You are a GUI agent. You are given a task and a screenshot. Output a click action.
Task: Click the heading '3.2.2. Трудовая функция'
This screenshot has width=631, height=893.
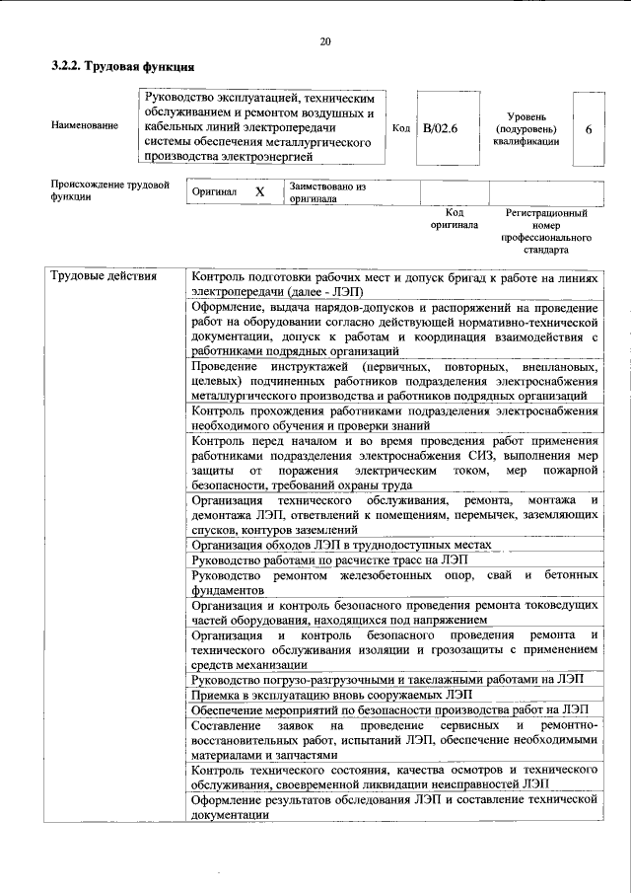[x=121, y=67]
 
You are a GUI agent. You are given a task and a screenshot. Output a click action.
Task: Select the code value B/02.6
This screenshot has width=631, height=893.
[x=441, y=128]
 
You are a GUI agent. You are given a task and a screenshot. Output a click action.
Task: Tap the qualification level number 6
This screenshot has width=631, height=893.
[x=589, y=128]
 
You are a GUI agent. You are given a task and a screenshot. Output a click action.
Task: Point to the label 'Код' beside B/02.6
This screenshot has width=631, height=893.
[x=400, y=128]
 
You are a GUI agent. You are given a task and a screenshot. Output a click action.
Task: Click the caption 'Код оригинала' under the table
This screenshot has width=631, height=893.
[x=454, y=218]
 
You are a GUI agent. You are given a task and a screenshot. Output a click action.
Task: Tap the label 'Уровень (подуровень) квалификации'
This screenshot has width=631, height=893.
[x=526, y=128]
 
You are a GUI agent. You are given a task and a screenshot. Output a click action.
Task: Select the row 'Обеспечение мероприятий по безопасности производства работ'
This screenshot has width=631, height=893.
[x=390, y=710]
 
